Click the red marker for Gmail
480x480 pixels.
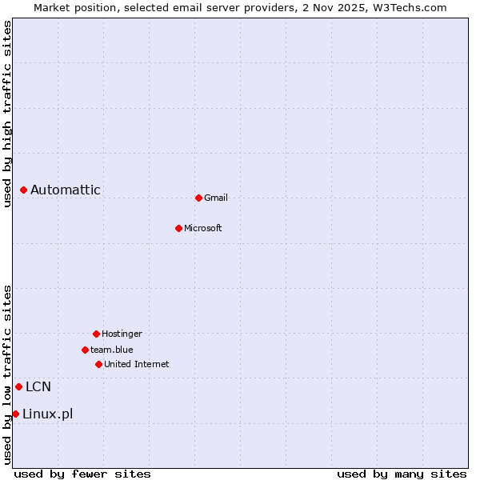pyautogui.click(x=198, y=198)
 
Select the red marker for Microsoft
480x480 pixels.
pyautogui.click(x=178, y=228)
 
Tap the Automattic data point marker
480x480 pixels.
pyautogui.click(x=24, y=190)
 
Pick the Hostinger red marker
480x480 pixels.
pyautogui.click(x=96, y=334)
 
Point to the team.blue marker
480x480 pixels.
pyautogui.click(x=85, y=350)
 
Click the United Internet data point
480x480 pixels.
pyautogui.click(x=98, y=364)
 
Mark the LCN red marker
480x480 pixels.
pyautogui.click(x=18, y=386)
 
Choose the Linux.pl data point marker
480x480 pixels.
pyautogui.click(x=15, y=414)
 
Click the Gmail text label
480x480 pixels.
pyautogui.click(x=216, y=198)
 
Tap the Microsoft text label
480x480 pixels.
pyautogui.click(x=203, y=228)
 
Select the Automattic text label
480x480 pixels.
pyautogui.click(x=66, y=190)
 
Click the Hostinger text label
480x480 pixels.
pyautogui.click(x=122, y=334)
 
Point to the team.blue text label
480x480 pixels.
pyautogui.click(x=112, y=350)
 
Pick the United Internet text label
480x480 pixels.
pyautogui.click(x=137, y=364)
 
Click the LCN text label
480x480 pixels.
pyautogui.click(x=38, y=387)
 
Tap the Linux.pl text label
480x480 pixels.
pyautogui.click(x=48, y=414)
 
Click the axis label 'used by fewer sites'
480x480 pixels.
pyautogui.click(x=82, y=474)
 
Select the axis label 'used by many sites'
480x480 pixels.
pyautogui.click(x=402, y=474)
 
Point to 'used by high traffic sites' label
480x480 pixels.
pyautogui.click(x=7, y=114)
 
